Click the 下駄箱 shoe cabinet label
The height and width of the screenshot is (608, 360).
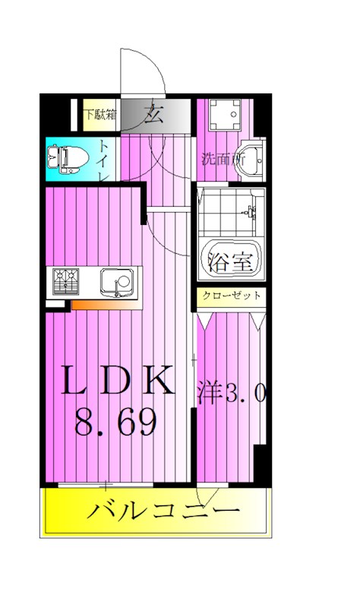point(99,116)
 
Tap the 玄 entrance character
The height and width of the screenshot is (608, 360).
point(154,116)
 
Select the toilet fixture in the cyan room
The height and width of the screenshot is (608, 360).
point(66,158)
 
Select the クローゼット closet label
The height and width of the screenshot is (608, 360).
point(231,296)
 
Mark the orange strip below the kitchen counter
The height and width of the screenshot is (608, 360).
point(106,305)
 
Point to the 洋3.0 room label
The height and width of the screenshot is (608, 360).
point(230,393)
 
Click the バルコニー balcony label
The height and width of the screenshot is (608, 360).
point(163,510)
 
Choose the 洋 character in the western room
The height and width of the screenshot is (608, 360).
point(209,393)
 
